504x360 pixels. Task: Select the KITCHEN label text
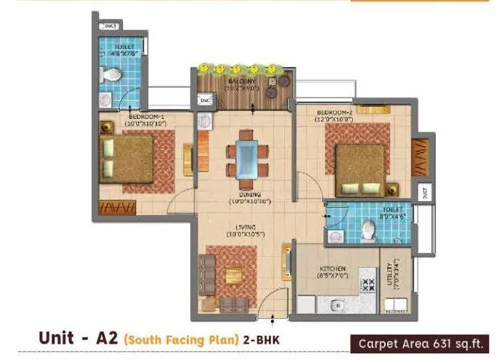coord(332,269)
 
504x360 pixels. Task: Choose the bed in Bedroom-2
coord(360,170)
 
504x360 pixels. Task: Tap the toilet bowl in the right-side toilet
coord(369,230)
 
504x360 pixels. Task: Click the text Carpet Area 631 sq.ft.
coord(421,344)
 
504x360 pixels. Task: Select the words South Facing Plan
coord(181,341)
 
